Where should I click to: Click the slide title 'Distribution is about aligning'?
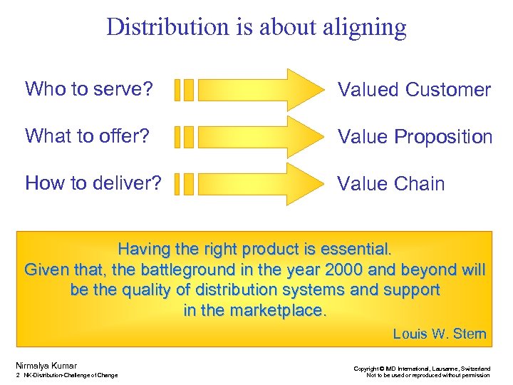256,27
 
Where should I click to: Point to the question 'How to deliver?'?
93,183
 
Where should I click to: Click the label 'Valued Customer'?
414,90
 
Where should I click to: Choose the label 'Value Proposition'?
415,137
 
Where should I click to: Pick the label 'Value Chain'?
390,184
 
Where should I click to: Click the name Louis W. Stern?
440,334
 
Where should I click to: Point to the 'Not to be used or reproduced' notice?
427,375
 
